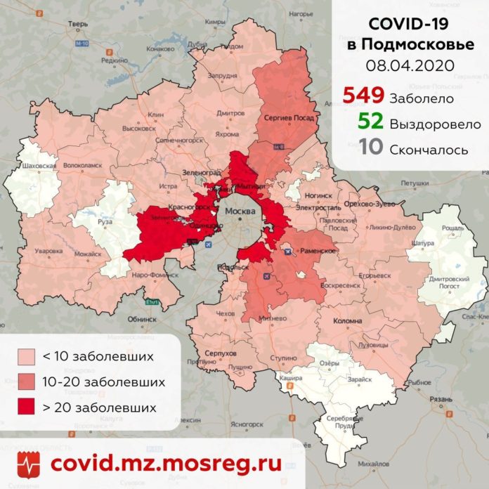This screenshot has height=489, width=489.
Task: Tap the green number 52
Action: (x=370, y=123)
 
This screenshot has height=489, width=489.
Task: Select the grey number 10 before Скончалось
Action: (x=370, y=148)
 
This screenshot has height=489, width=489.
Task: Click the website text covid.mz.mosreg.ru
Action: (x=167, y=464)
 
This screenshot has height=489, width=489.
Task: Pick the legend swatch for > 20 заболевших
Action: (x=28, y=407)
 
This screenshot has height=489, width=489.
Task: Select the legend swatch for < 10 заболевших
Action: (x=28, y=356)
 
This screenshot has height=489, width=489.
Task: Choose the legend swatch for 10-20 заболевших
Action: (x=28, y=382)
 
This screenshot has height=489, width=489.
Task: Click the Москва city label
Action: (x=240, y=211)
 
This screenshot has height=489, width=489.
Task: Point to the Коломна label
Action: (x=346, y=321)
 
